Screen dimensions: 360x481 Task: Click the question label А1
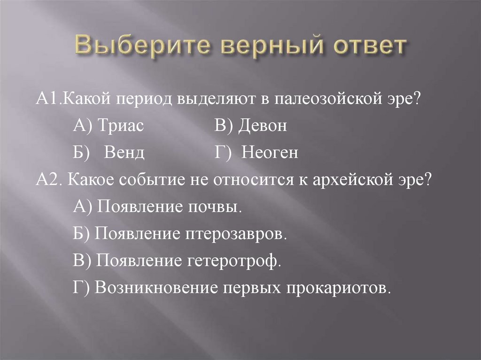coord(46,99)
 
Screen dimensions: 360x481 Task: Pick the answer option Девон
coord(262,126)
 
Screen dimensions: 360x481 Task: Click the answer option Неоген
coord(270,153)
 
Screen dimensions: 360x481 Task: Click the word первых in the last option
coord(251,288)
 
